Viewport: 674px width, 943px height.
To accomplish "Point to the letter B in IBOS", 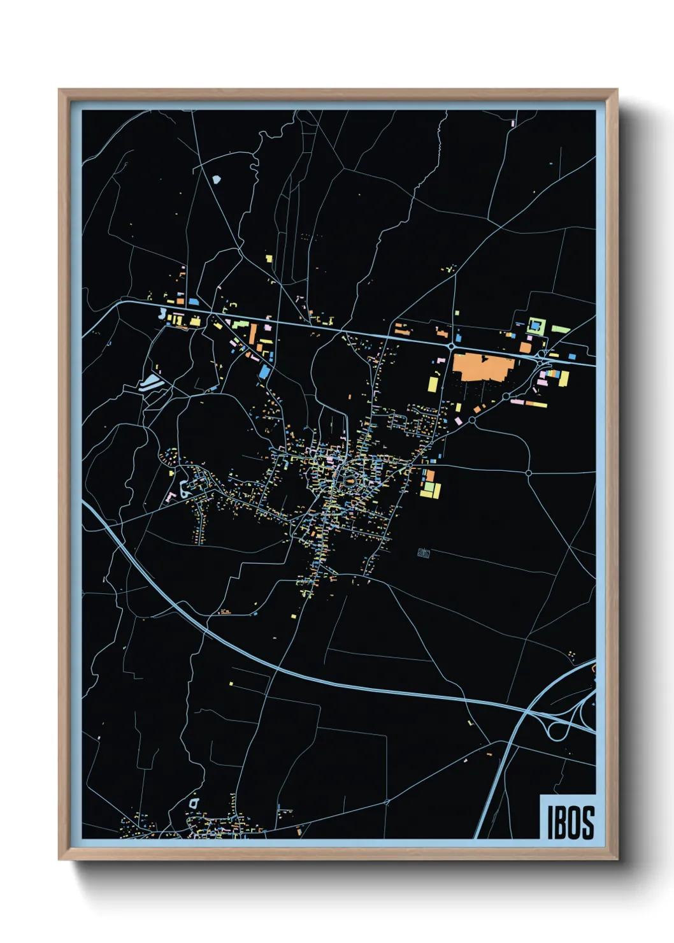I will point(561,822).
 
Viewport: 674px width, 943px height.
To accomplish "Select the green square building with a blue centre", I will point(536,326).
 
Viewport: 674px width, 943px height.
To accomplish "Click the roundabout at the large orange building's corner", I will point(451,347).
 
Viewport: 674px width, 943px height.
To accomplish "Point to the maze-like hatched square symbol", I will point(424,553).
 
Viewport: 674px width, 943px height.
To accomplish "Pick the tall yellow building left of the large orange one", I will point(433,384).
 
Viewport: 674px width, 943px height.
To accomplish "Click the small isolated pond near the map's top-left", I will point(216,180).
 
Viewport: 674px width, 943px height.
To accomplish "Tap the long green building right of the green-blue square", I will point(561,329).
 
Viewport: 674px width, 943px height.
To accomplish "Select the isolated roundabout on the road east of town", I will point(529,473).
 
